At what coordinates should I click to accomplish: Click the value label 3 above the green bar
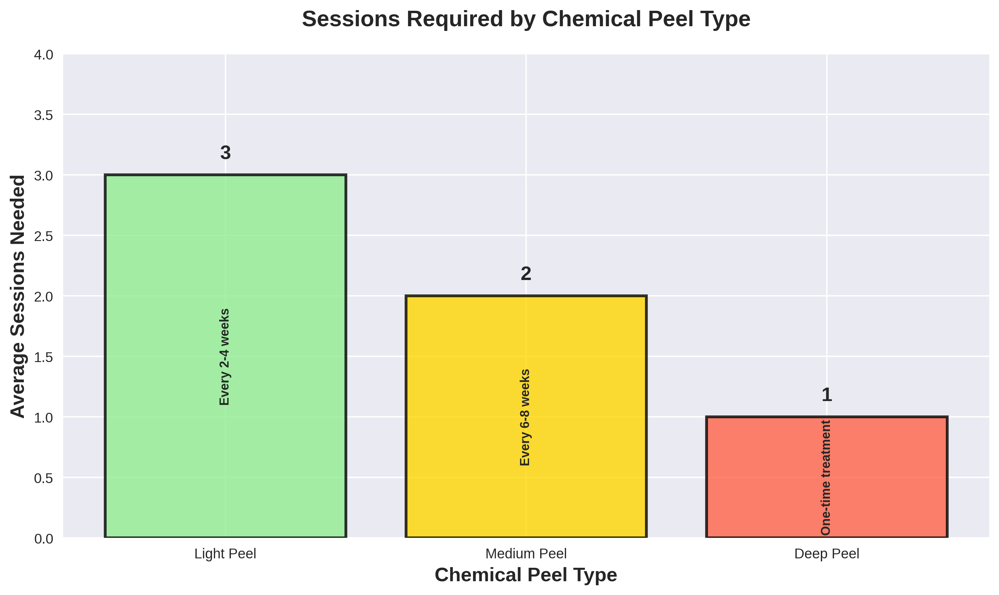pos(225,153)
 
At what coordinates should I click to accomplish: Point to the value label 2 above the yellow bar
pos(526,274)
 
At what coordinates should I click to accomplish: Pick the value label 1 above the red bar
pos(827,395)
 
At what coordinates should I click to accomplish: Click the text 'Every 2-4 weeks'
pos(225,357)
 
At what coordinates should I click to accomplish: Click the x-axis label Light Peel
pos(225,554)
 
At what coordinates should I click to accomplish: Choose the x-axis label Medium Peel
pos(526,554)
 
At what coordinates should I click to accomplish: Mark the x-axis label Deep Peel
pos(827,554)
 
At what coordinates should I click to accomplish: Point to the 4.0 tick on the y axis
pos(43,55)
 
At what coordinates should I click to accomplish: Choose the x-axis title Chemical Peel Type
pos(526,574)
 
